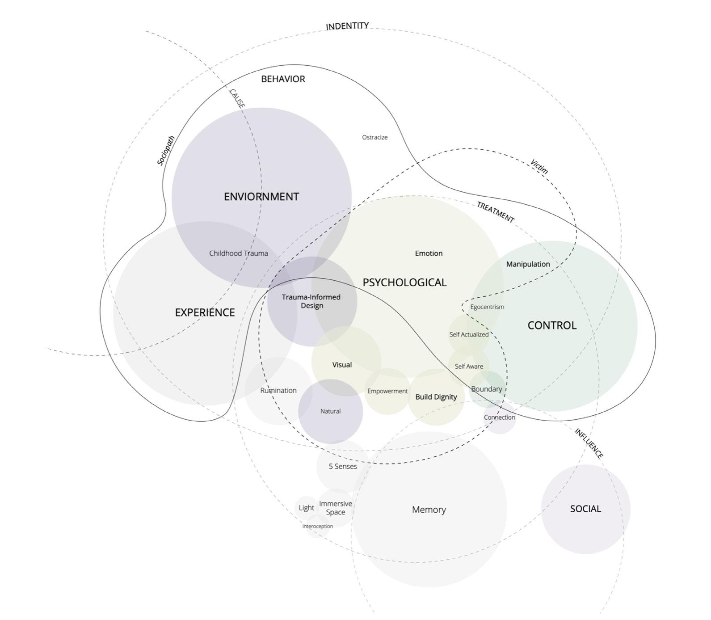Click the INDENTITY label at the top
coord(347,26)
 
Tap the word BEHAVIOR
coord(283,79)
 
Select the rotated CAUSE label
coord(237,98)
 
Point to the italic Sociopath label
coord(165,151)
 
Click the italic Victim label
coord(539,166)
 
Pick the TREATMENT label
coord(496,212)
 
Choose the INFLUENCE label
coord(589,443)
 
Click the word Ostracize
coord(374,137)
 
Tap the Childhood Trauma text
coord(239,253)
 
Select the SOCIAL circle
coord(585,509)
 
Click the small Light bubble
coord(306,508)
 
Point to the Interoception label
coord(317,526)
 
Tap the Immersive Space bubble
coord(336,508)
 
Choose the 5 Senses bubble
coord(343,466)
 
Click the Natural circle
coord(330,411)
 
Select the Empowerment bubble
coord(387,391)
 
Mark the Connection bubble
coord(499,417)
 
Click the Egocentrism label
coord(487,307)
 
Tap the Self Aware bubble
coord(469,366)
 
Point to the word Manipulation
coord(528,264)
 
